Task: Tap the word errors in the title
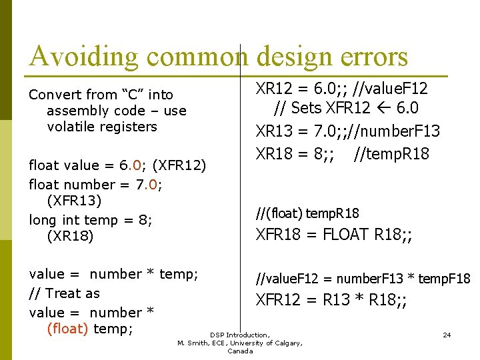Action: pyautogui.click(x=371, y=57)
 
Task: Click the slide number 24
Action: pyautogui.click(x=447, y=335)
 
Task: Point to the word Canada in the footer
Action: pyautogui.click(x=240, y=351)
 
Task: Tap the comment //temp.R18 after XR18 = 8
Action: pyautogui.click(x=392, y=154)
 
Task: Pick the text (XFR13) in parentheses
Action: pyautogui.click(x=75, y=200)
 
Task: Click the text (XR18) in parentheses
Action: pyautogui.click(x=71, y=236)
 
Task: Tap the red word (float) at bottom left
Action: pyautogui.click(x=68, y=329)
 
